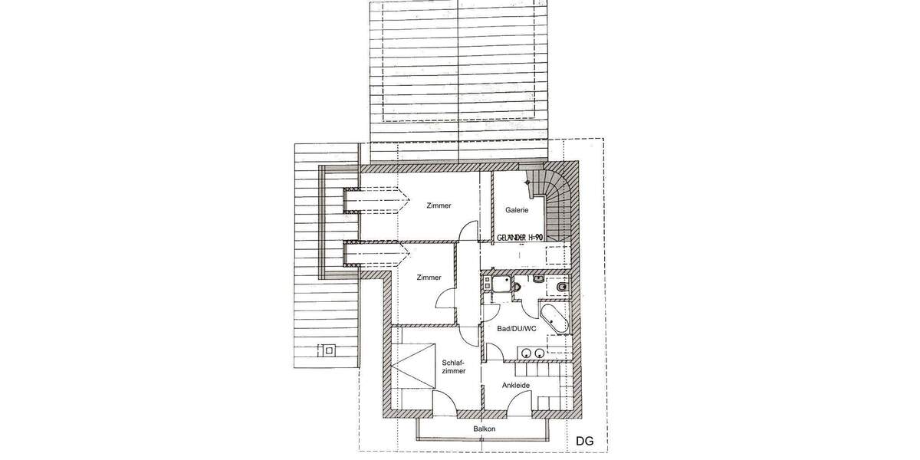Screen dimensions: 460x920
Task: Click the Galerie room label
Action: (x=517, y=210)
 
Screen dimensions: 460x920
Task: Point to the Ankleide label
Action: (x=516, y=385)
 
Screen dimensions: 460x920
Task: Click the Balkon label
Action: (x=485, y=429)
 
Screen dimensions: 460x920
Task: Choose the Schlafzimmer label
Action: (x=454, y=366)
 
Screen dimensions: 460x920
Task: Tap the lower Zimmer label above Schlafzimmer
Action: (x=429, y=278)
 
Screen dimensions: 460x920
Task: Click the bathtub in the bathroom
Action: (x=554, y=318)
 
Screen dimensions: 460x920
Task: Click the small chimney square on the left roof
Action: (x=330, y=352)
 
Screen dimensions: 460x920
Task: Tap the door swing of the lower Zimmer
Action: (x=446, y=298)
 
